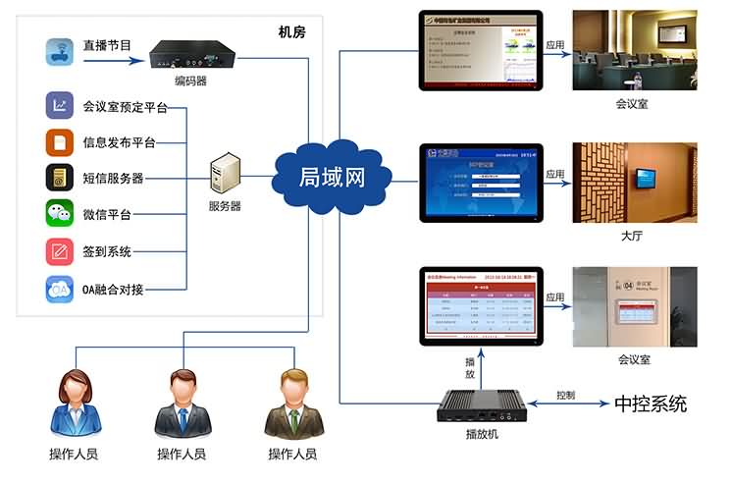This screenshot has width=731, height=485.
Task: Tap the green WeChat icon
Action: pos(60,214)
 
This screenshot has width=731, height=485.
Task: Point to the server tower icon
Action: pos(224,177)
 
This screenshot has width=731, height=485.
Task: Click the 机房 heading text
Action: pos(291,32)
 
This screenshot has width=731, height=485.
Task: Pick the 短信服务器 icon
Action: pos(60,178)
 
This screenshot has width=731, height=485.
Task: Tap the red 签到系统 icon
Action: pos(60,251)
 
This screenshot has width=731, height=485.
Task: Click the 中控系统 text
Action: pos(650,404)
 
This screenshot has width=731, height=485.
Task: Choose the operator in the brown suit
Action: pos(292,404)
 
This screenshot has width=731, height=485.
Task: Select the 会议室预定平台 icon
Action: pos(60,105)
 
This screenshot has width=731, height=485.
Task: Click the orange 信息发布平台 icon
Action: pos(60,142)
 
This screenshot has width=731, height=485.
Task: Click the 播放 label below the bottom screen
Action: pos(470,367)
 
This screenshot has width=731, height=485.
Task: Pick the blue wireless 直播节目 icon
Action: pos(60,50)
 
